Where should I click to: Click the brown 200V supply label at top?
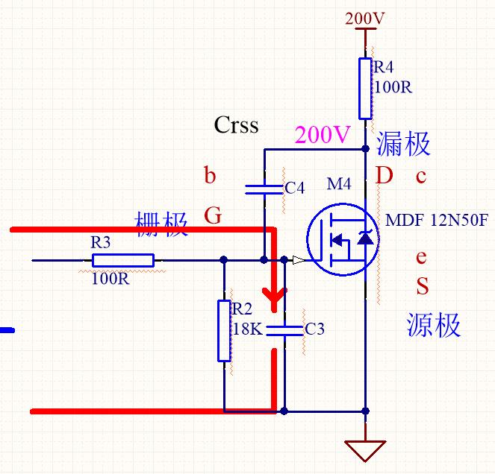[x=364, y=19]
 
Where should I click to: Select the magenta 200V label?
[x=323, y=135]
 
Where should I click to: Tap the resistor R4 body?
[x=365, y=88]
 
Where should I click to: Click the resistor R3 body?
[x=123, y=260]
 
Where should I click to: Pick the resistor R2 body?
[x=224, y=331]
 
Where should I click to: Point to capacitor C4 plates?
[x=264, y=189]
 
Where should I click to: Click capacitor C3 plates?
[x=284, y=331]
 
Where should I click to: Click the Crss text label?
[x=236, y=124]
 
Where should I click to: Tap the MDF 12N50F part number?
[x=437, y=220]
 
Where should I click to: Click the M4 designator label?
[x=339, y=184]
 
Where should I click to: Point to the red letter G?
[x=213, y=215]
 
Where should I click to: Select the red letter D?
[x=385, y=175]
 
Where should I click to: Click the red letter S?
[x=423, y=285]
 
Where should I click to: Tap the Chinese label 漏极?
[x=403, y=144]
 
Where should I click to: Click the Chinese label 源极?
[x=433, y=325]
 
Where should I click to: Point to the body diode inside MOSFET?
[x=365, y=238]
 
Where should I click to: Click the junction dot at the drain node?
[x=365, y=149]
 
